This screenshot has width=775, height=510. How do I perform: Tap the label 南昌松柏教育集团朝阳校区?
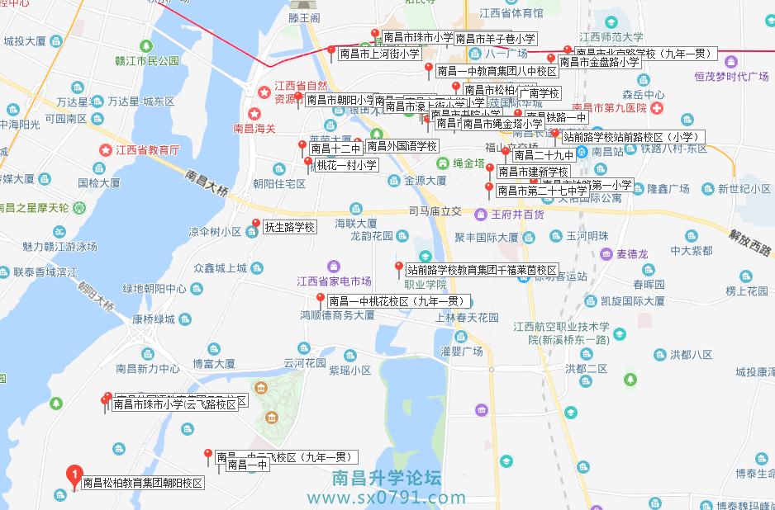click(142, 484)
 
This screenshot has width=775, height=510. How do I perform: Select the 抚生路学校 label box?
click(289, 227)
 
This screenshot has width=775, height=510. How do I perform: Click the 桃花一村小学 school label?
click(346, 165)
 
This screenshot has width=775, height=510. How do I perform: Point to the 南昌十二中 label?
click(336, 149)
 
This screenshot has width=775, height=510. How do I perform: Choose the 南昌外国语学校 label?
click(402, 146)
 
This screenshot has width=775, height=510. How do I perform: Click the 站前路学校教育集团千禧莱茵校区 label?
click(483, 269)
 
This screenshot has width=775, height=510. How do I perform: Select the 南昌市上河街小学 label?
click(380, 54)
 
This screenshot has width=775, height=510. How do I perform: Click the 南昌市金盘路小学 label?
click(600, 61)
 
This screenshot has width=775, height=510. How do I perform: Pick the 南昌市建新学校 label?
click(533, 172)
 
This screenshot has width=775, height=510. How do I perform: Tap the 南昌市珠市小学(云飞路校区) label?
click(174, 404)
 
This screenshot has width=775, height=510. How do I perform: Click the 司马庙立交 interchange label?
click(435, 212)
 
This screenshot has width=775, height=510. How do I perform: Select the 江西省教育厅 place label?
click(149, 150)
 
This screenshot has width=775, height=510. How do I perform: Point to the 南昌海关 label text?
click(257, 128)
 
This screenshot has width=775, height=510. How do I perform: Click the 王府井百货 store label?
click(517, 215)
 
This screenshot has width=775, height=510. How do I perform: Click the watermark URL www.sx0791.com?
click(387, 498)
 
